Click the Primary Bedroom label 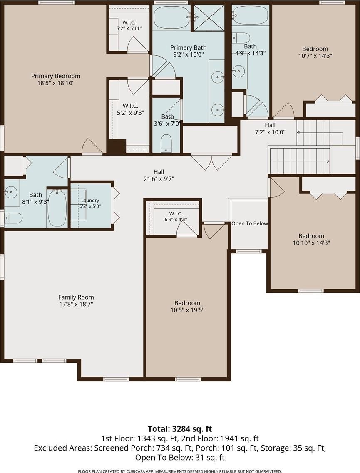[55, 76]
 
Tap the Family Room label [76, 297]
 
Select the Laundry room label [90, 200]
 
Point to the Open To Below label [250, 223]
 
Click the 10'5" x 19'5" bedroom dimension [187, 310]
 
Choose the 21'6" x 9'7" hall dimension [159, 179]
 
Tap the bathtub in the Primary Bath [171, 17]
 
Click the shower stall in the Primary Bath [209, 17]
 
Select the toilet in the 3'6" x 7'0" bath [166, 143]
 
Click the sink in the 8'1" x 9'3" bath [11, 191]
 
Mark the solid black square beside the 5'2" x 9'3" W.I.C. [117, 146]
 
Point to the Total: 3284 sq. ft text [180, 428]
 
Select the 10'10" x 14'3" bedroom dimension [311, 243]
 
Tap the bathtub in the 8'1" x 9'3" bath [57, 208]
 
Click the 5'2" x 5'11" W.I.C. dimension [129, 28]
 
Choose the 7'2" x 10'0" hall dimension [271, 132]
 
